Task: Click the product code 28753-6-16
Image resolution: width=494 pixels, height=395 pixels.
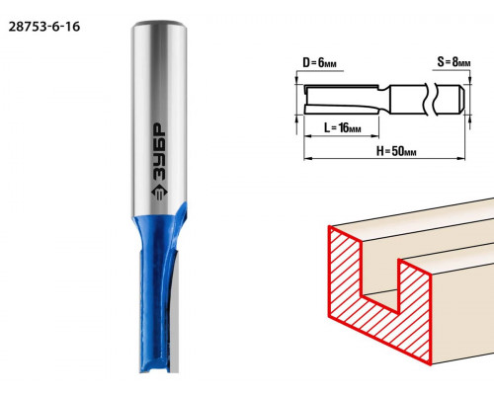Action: [x=44, y=27]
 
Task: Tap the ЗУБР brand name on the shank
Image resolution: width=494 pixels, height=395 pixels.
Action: [x=160, y=152]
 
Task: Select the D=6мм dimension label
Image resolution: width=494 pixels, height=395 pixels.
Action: [x=319, y=62]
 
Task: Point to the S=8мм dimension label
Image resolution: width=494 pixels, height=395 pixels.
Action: [x=453, y=61]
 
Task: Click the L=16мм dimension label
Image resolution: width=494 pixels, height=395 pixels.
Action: [x=343, y=127]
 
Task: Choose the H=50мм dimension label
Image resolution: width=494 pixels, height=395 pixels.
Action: [x=396, y=151]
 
